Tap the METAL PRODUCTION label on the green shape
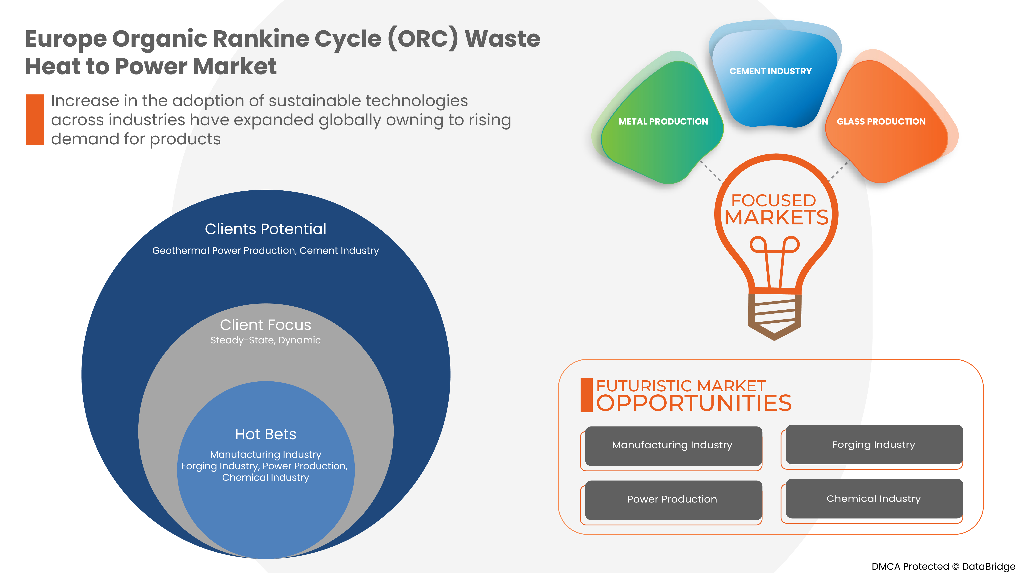click(x=663, y=121)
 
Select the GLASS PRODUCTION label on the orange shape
click(x=881, y=121)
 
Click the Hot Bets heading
click(x=266, y=434)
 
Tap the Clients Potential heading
click(x=266, y=229)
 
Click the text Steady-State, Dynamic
click(x=266, y=340)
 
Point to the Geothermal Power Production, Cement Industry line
click(x=266, y=251)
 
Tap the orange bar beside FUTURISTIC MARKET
click(x=586, y=395)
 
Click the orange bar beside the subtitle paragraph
click(x=35, y=119)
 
